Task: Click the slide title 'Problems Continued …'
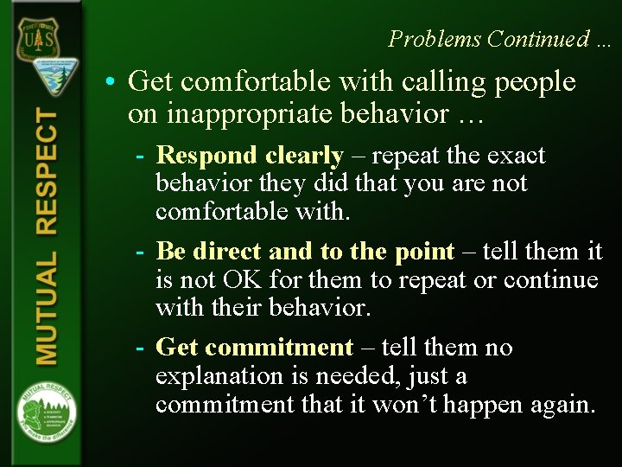pyautogui.click(x=499, y=39)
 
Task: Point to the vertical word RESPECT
pyautogui.click(x=48, y=172)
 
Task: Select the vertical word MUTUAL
pyautogui.click(x=48, y=307)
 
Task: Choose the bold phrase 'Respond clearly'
pyautogui.click(x=250, y=156)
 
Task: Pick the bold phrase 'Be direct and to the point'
pyautogui.click(x=305, y=252)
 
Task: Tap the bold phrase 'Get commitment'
pyautogui.click(x=255, y=348)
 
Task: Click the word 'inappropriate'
pyautogui.click(x=237, y=113)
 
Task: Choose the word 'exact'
pyautogui.click(x=517, y=156)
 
